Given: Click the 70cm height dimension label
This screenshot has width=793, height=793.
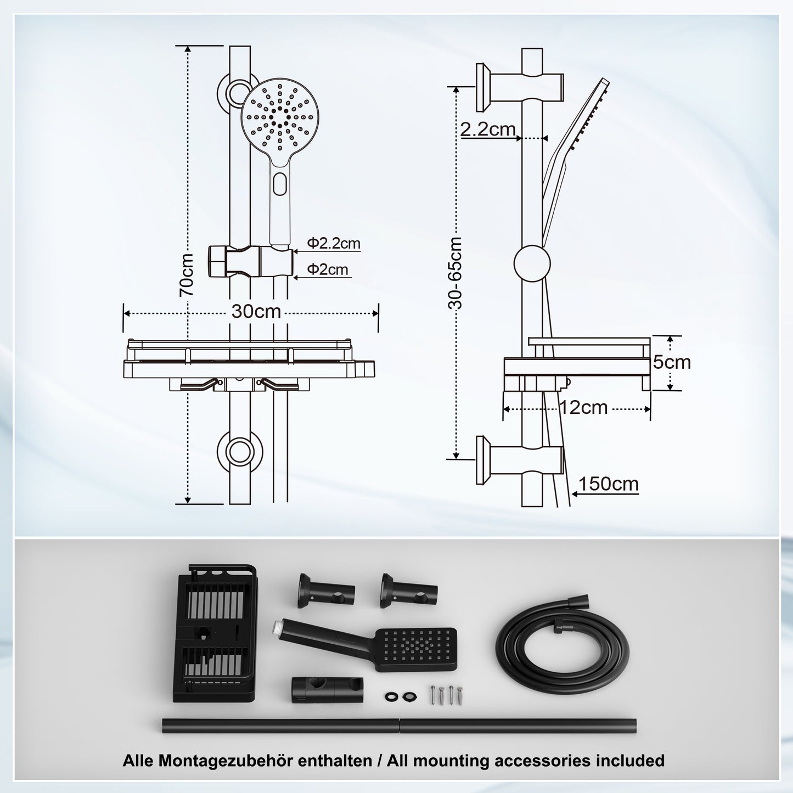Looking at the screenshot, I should (x=187, y=274).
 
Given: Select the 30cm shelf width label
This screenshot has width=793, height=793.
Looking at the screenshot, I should (x=256, y=312).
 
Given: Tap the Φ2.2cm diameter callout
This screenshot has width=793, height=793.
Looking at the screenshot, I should (x=334, y=243).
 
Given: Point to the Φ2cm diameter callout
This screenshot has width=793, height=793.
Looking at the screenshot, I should (x=328, y=269).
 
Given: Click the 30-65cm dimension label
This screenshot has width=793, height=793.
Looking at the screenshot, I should (x=455, y=273).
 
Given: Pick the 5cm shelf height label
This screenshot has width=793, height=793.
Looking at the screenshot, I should (x=671, y=362).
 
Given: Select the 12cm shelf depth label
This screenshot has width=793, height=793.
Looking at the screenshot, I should (x=583, y=408).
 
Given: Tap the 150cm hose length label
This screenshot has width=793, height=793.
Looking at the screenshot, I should (x=608, y=484).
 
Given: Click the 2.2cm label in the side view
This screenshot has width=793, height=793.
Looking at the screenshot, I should (x=487, y=130).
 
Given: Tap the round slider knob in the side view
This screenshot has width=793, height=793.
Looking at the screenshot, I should (x=532, y=263).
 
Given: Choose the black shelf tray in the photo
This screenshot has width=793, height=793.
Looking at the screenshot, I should (x=214, y=633).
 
